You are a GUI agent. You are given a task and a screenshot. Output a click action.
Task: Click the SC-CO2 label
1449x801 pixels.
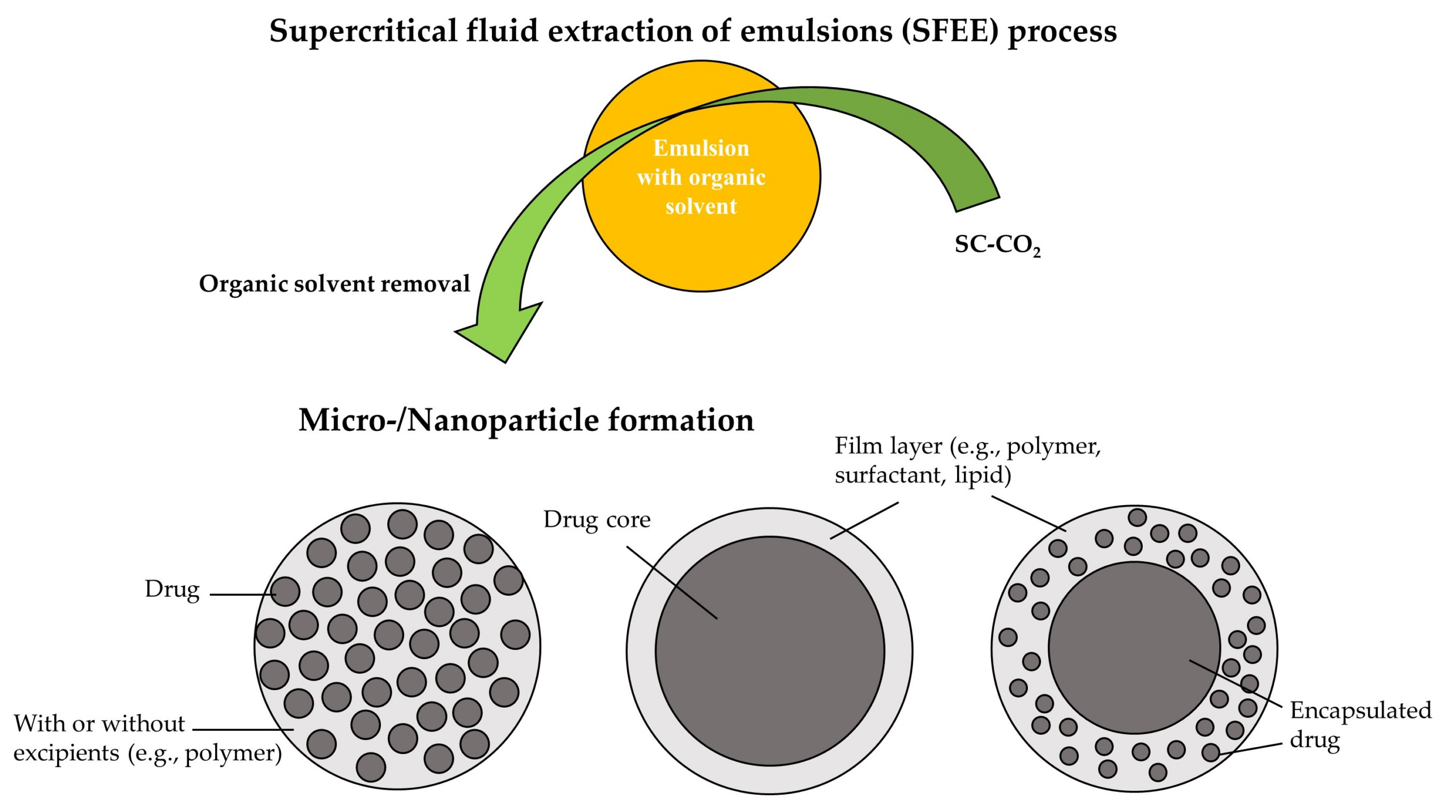pos(997,245)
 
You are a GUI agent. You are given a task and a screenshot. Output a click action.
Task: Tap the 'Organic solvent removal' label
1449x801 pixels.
pos(334,283)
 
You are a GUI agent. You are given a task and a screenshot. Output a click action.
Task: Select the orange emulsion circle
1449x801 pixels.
pos(702,249)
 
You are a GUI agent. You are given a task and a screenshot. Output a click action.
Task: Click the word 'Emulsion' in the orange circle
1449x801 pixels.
pos(701,148)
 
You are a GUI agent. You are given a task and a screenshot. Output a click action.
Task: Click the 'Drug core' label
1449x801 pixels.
pos(597,519)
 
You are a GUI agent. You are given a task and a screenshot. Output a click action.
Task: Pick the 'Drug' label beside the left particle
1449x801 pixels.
pos(172,589)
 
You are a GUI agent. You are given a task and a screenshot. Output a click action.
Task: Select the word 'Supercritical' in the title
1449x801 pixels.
pos(363,31)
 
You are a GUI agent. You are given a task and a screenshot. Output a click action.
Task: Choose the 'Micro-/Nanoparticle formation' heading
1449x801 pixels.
pos(526,420)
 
